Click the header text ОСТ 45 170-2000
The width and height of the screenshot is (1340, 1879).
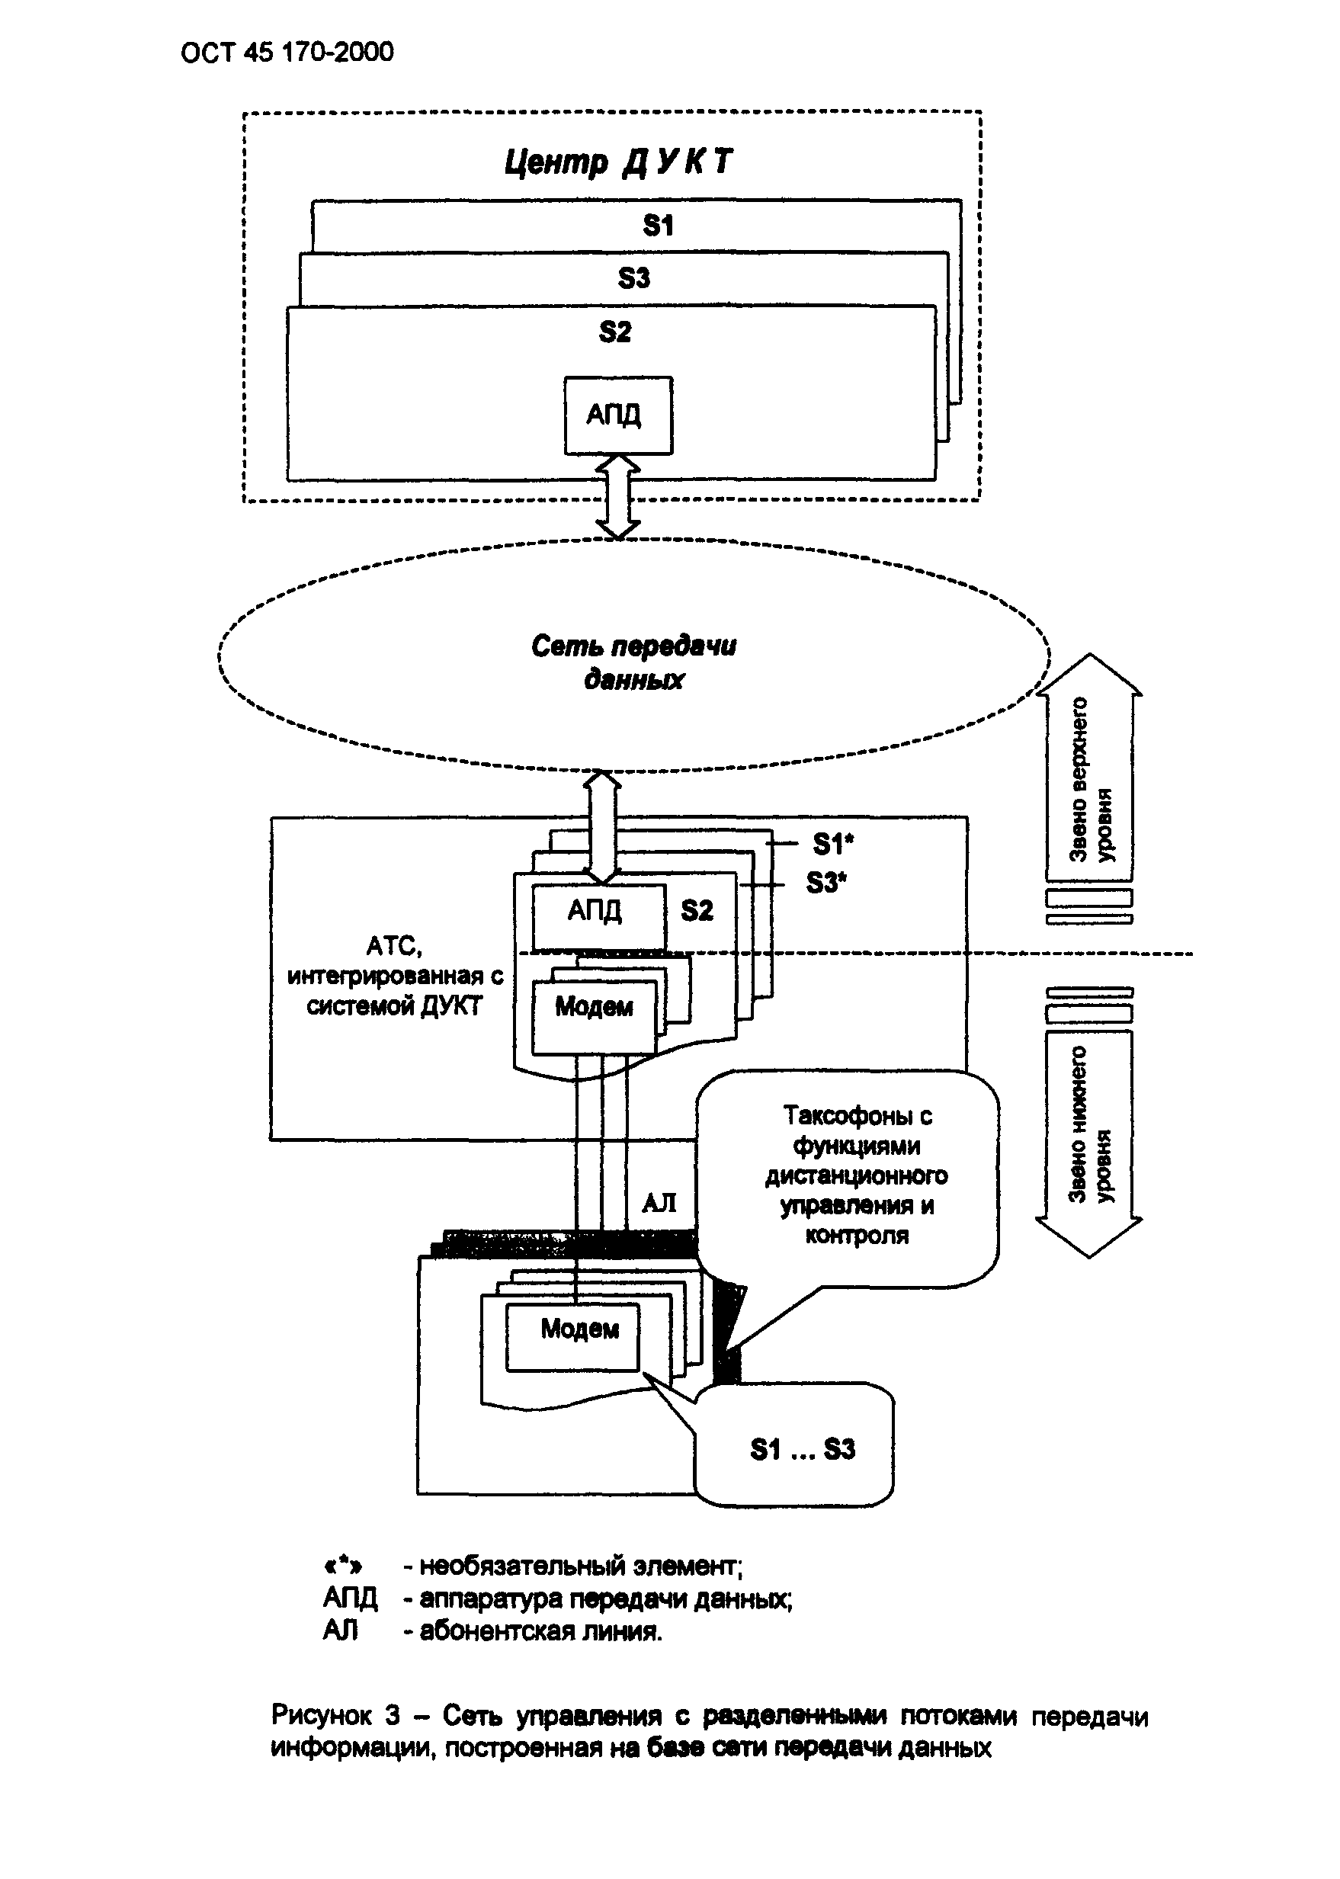tap(287, 53)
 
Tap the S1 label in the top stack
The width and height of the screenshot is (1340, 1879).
tap(658, 226)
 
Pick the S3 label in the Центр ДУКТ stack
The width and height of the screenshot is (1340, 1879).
tap(633, 278)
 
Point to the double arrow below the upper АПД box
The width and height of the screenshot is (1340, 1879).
tap(618, 497)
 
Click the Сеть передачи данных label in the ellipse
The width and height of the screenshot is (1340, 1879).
tap(633, 662)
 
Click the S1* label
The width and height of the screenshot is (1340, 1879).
tap(832, 843)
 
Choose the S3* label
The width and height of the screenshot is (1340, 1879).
tap(826, 883)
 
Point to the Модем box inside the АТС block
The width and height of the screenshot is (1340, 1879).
tap(594, 1008)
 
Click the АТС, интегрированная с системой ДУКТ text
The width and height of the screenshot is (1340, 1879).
tap(394, 976)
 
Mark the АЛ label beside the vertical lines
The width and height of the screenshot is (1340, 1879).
tap(659, 1202)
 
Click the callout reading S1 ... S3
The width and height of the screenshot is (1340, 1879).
tap(801, 1448)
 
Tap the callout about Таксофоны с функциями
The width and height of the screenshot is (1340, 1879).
tap(856, 1176)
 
